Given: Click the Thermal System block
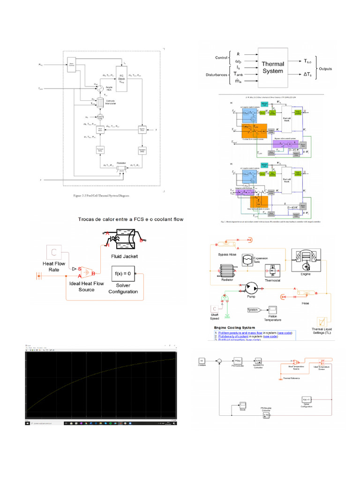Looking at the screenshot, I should [272, 67].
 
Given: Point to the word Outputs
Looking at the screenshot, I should [325, 68].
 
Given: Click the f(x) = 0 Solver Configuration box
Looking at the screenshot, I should [122, 273].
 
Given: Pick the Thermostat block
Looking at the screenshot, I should [272, 270].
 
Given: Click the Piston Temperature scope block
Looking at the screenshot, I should [272, 310].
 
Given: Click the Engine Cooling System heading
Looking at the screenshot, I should [235, 328].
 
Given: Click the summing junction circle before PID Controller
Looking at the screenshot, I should [218, 360].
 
